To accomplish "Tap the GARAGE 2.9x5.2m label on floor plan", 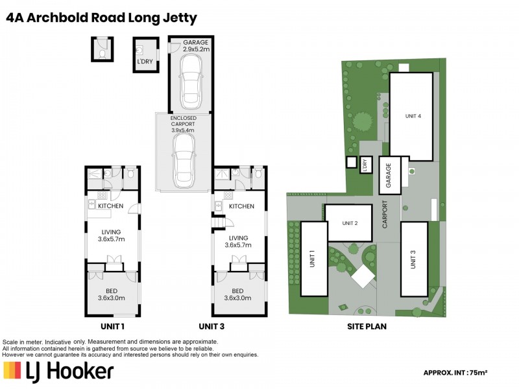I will click(x=196, y=45).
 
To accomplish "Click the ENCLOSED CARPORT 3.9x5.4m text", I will click(x=184, y=124).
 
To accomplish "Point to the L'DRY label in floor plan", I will click(x=145, y=62).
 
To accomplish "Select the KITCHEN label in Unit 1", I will click(x=111, y=206).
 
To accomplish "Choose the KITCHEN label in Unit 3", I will click(x=241, y=206).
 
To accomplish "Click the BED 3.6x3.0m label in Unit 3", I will click(x=237, y=294).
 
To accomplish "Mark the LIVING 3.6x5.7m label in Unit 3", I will click(x=239, y=241).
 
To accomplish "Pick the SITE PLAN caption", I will click(x=367, y=326).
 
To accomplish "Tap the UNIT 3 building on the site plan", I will click(x=413, y=258).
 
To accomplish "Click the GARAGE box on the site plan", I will click(x=389, y=175).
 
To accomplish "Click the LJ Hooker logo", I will click(x=59, y=371).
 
